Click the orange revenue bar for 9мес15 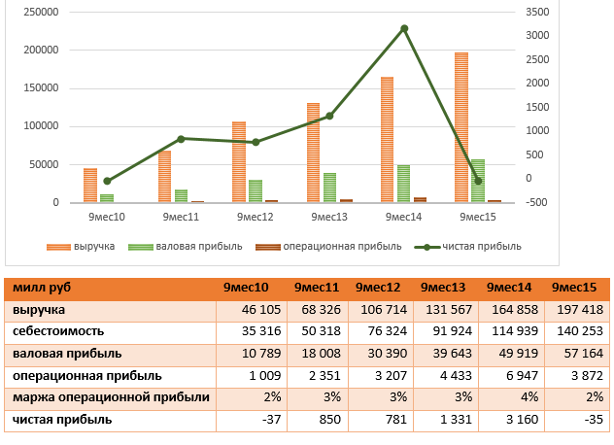pos(461,126)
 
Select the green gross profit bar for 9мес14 pos(403,184)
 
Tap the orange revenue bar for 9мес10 pos(90,186)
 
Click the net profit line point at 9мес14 pos(404,29)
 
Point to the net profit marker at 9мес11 pos(181,139)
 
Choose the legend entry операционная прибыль pos(329,246)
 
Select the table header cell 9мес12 pos(378,288)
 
